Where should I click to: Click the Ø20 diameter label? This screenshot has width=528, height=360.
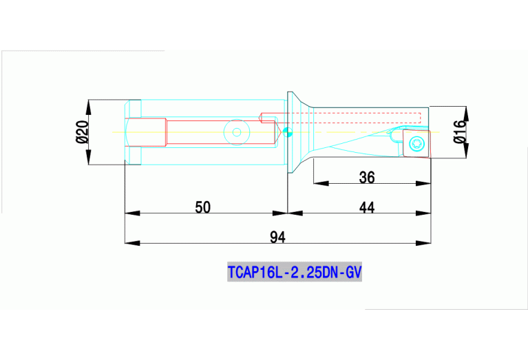[x=82, y=131]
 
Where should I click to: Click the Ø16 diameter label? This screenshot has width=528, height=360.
[x=461, y=131]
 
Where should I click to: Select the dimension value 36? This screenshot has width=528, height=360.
[x=367, y=178]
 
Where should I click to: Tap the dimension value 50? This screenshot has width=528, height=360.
[x=202, y=207]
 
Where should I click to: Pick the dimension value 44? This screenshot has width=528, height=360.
[x=367, y=207]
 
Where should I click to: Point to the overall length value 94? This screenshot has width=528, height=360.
[x=277, y=237]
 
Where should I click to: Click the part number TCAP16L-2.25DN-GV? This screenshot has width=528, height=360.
[x=294, y=273]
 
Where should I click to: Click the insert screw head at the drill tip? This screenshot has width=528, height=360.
[x=414, y=143]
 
